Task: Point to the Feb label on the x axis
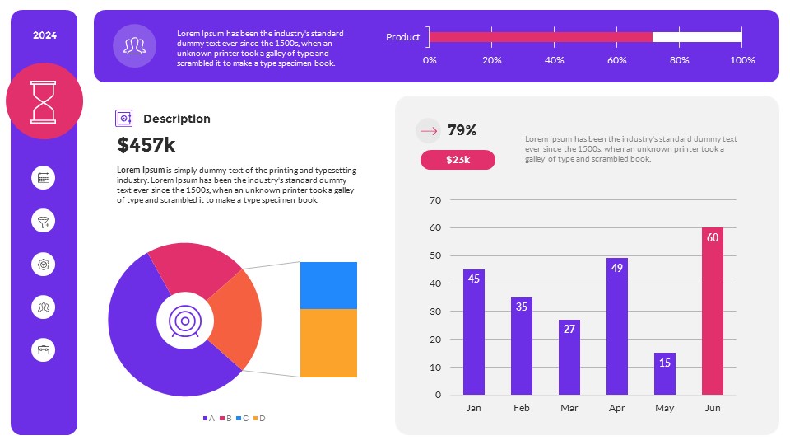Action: pos(521,408)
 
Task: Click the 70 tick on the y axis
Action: pos(435,200)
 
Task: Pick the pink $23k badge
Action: pos(458,160)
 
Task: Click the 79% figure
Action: pos(462,130)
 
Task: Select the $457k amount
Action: pos(146,145)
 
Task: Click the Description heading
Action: pos(176,119)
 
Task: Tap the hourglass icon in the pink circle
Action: pos(44,101)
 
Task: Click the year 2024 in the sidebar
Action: pos(44,35)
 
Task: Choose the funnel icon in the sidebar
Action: pos(44,221)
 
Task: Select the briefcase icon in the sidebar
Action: pos(44,349)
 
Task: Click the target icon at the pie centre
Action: pos(184,320)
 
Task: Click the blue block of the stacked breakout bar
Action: pos(328,285)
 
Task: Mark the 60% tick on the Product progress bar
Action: pos(616,60)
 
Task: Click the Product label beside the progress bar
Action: pos(403,37)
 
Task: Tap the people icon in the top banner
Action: pos(134,45)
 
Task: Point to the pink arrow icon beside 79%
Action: pos(428,130)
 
